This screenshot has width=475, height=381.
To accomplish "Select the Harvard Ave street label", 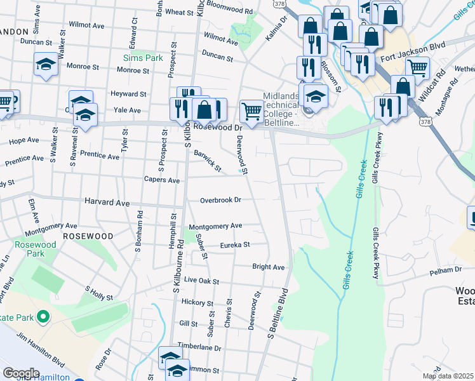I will pos(107,203).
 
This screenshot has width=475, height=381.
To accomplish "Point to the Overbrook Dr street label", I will pos(220,200).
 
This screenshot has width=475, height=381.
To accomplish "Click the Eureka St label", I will pos(235,244).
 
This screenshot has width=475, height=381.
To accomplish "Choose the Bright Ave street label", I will pos(268,267).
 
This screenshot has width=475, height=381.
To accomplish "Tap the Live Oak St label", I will pos(201,281).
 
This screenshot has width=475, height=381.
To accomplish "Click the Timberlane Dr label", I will pos(199,348).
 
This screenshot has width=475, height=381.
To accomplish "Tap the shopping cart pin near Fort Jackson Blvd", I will pos(417,67).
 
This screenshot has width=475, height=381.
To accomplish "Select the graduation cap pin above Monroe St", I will pos(46,64).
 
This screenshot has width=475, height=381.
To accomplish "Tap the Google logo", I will pos(21,373).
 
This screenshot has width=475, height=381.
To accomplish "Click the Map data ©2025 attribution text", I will pos(447,376).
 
